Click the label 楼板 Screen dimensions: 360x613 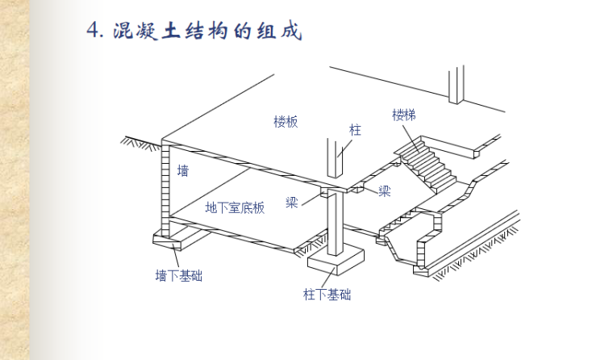coord(286,122)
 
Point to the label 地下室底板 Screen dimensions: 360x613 coord(235,207)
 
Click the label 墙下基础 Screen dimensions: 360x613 coord(178,275)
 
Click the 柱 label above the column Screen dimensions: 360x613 coord(355,129)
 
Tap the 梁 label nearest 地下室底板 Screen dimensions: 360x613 coord(292,202)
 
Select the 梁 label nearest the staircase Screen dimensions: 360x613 coord(385,191)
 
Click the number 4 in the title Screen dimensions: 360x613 coord(95,31)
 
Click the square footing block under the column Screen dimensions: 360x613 coord(334,260)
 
